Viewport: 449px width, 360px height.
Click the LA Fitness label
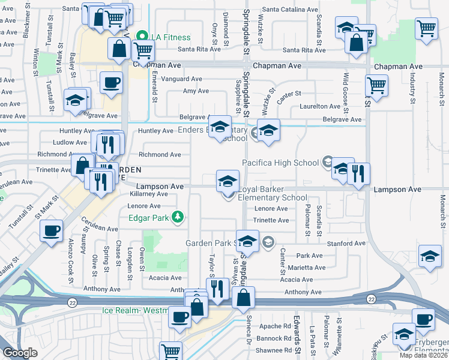point(170,37)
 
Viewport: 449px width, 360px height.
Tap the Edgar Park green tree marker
point(177,217)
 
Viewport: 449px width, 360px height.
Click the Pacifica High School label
point(280,163)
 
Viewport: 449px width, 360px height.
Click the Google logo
point(20,353)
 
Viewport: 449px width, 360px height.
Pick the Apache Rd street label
point(276,326)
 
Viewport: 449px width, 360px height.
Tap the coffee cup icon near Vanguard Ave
point(112,83)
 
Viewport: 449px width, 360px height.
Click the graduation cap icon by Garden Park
point(246,242)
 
